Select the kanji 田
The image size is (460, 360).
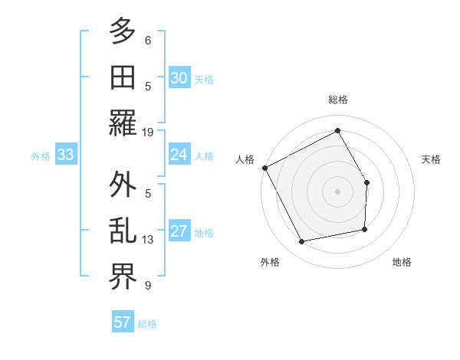pyautogui.click(x=123, y=77)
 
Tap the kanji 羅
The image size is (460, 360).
pyautogui.click(x=123, y=123)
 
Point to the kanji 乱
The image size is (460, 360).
pyautogui.click(x=123, y=231)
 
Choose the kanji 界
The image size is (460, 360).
pyautogui.click(x=123, y=277)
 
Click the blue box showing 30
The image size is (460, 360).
pyautogui.click(x=179, y=78)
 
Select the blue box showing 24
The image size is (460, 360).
pyautogui.click(x=179, y=155)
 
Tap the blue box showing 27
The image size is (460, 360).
pyautogui.click(x=179, y=232)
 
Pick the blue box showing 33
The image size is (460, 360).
pyautogui.click(x=65, y=155)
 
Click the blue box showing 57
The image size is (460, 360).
pyautogui.click(x=123, y=322)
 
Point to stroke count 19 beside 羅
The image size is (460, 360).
pyautogui.click(x=149, y=132)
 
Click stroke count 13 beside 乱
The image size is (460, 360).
pyautogui.click(x=149, y=240)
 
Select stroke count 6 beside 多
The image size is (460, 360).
pyautogui.click(x=148, y=40)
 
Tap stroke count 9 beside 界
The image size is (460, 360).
pyautogui.click(x=148, y=286)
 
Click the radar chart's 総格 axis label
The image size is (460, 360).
pyautogui.click(x=337, y=100)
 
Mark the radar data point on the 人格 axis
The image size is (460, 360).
pyautogui.click(x=264, y=168)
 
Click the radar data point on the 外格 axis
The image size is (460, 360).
pyautogui.click(x=302, y=242)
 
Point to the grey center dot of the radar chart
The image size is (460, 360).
pyautogui.click(x=337, y=191)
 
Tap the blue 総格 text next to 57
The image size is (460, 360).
pyautogui.click(x=147, y=324)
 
